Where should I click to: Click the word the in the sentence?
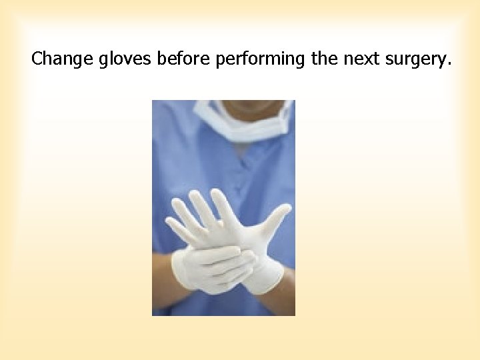pos(325,59)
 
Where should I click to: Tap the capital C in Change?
pos(37,59)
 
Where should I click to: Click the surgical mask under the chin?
pos(250,127)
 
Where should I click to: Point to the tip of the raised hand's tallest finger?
pos(215,193)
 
